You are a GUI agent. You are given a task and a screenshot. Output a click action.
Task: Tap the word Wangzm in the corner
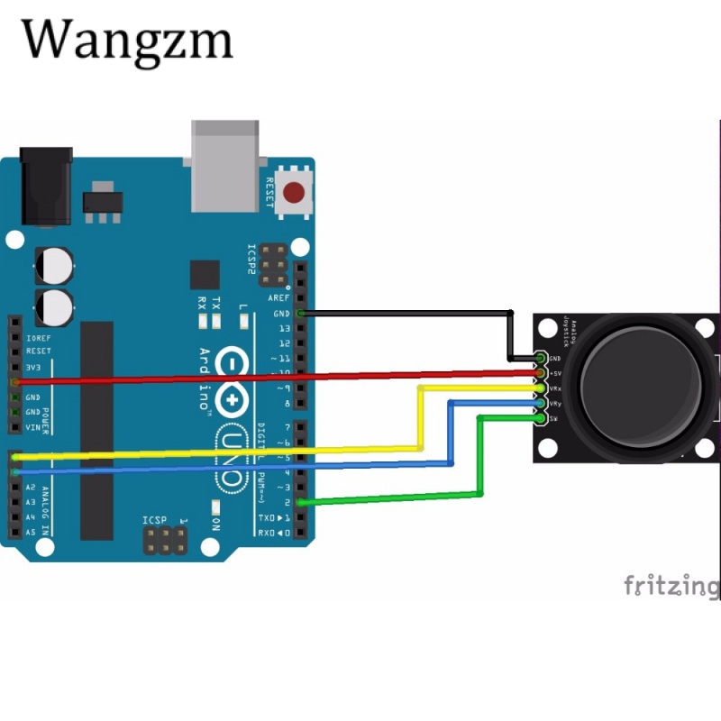point(127,41)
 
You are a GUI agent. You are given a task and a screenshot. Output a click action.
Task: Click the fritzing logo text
point(671,586)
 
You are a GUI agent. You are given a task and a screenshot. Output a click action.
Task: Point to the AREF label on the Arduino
point(279,298)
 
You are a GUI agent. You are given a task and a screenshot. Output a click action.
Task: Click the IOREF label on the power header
point(39,336)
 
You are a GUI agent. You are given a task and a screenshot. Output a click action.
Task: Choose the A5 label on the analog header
point(31,533)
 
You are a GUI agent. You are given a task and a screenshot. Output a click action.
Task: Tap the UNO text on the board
point(233,460)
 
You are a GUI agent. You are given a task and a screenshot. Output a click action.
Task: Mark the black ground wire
point(406,313)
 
